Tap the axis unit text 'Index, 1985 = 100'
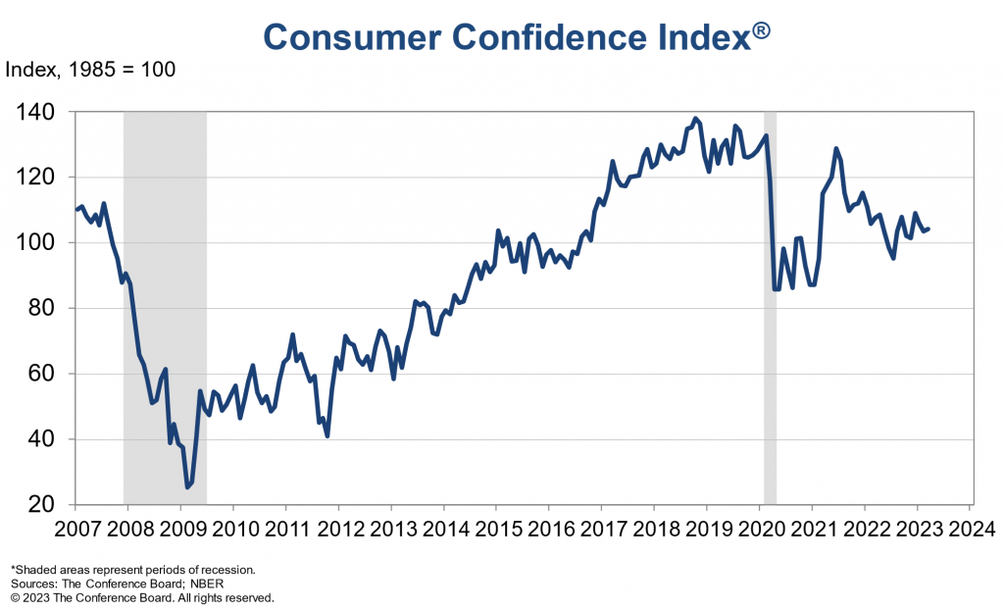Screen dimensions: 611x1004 (91, 71)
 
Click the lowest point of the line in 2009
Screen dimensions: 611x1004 (187, 486)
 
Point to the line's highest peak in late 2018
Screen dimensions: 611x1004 (696, 120)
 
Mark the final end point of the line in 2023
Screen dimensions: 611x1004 (929, 229)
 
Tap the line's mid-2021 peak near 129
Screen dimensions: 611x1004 (835, 149)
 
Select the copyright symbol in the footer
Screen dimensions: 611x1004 (15, 597)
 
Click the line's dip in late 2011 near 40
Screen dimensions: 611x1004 (326, 435)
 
